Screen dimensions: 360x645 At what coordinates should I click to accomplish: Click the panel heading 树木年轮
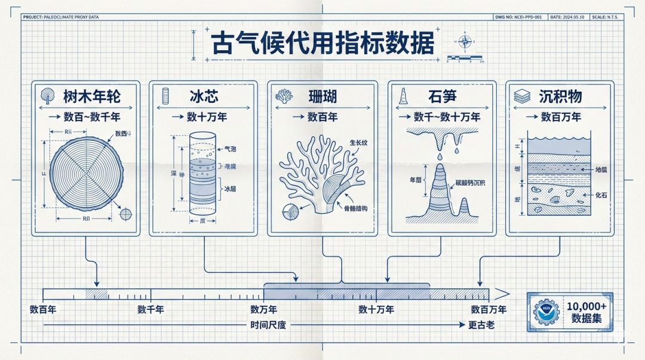pyautogui.click(x=91, y=96)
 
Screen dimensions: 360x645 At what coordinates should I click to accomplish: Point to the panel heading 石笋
pyautogui.click(x=443, y=96)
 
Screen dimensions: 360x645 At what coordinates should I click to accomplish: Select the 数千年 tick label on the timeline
pyautogui.click(x=150, y=309)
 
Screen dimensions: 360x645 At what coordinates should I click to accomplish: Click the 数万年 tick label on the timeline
pyautogui.click(x=263, y=309)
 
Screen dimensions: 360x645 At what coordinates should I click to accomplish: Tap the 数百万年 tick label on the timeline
pyautogui.click(x=489, y=309)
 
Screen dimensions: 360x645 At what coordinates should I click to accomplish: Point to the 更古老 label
pyautogui.click(x=481, y=325)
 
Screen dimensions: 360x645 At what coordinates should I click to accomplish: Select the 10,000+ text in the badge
pyautogui.click(x=586, y=305)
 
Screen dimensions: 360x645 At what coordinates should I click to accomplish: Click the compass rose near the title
pyautogui.click(x=464, y=41)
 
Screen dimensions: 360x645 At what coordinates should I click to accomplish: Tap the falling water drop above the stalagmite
pyautogui.click(x=439, y=156)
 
